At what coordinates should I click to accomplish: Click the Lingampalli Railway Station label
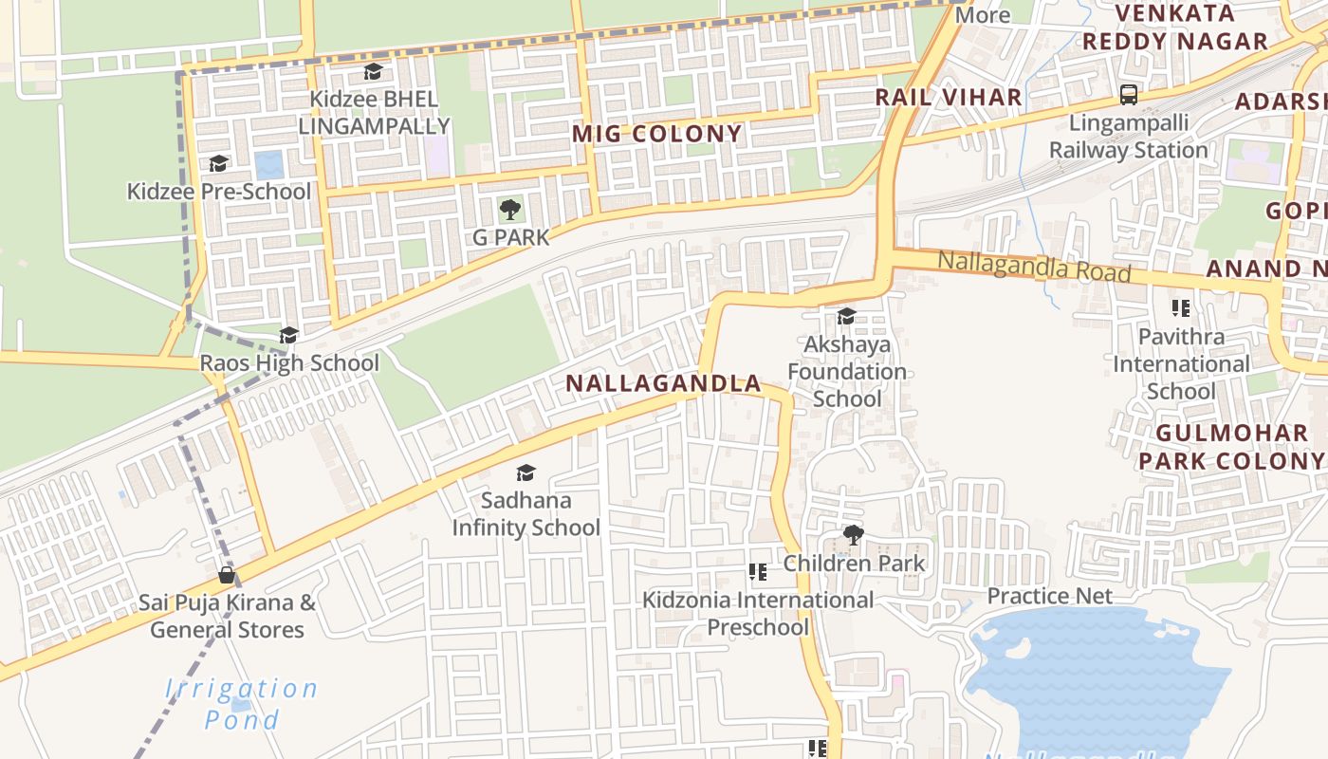pos(1128,137)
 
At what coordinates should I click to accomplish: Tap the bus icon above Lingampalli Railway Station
pos(1129,95)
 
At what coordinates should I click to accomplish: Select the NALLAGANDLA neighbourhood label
pos(663,383)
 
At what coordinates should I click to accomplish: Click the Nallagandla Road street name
pos(1034,267)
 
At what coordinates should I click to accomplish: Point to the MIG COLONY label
pos(656,134)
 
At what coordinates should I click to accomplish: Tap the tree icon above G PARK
pos(510,209)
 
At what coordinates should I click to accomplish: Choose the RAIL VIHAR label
pos(948,97)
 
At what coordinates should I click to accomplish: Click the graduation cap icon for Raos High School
pos(288,335)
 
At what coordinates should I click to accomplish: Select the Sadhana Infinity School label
pos(526,513)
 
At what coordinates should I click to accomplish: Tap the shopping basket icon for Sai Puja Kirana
pos(227,575)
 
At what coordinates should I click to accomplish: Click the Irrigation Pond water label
pos(242,703)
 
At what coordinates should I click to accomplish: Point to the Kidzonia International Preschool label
pos(758,613)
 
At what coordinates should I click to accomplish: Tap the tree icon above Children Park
pos(853,535)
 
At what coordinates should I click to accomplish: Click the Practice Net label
pos(1049,596)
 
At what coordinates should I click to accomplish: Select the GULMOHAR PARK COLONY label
pos(1231,447)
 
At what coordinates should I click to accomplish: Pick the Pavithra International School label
pos(1181,364)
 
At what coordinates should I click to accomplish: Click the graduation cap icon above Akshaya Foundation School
pos(846,316)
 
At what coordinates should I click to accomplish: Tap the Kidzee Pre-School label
pos(219,192)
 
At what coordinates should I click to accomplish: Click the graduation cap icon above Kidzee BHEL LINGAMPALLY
pos(373,72)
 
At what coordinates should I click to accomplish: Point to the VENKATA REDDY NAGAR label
pos(1175,28)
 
